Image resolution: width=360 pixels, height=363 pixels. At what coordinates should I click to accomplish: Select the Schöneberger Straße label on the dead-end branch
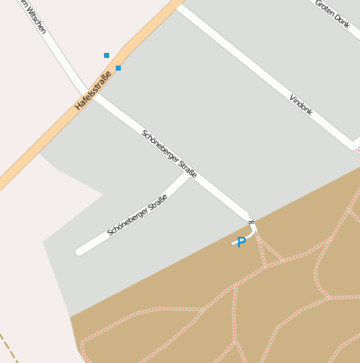(137, 215)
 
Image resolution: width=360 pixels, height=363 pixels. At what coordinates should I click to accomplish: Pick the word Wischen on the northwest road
(34, 17)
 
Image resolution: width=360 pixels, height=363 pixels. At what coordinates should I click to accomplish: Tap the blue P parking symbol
(242, 243)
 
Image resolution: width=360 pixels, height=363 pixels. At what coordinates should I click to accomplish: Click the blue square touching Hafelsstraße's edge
(118, 68)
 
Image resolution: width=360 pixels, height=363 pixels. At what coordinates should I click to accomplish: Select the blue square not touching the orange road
(107, 55)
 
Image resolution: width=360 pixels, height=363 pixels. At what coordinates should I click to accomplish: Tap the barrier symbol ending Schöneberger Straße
(251, 222)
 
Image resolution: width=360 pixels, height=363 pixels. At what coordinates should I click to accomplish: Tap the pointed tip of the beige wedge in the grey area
(104, 195)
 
